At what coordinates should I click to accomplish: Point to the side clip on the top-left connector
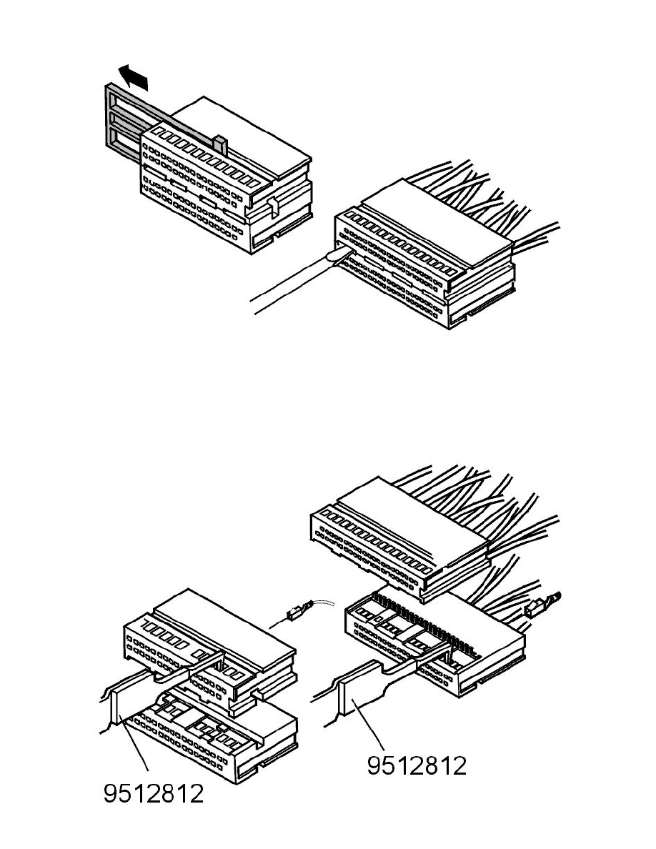(x=272, y=207)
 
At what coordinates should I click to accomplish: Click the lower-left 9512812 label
(x=154, y=794)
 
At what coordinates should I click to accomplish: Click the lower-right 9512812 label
(x=417, y=765)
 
